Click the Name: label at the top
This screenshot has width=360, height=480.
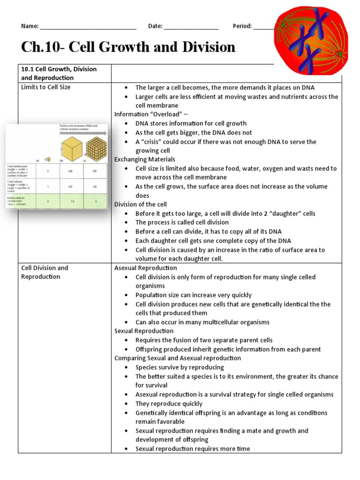pyautogui.click(x=30, y=26)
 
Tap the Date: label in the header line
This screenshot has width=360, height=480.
pyautogui.click(x=155, y=26)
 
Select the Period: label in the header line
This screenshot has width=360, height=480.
pyautogui.click(x=242, y=26)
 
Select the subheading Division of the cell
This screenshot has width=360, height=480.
pyautogui.click(x=141, y=204)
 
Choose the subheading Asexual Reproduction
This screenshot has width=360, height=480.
pyautogui.click(x=146, y=268)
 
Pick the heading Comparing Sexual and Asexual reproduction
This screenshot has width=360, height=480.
pyautogui.click(x=178, y=358)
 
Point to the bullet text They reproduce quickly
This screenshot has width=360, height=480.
pyautogui.click(x=169, y=404)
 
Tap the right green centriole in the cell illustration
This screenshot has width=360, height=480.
pyautogui.click(x=338, y=57)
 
